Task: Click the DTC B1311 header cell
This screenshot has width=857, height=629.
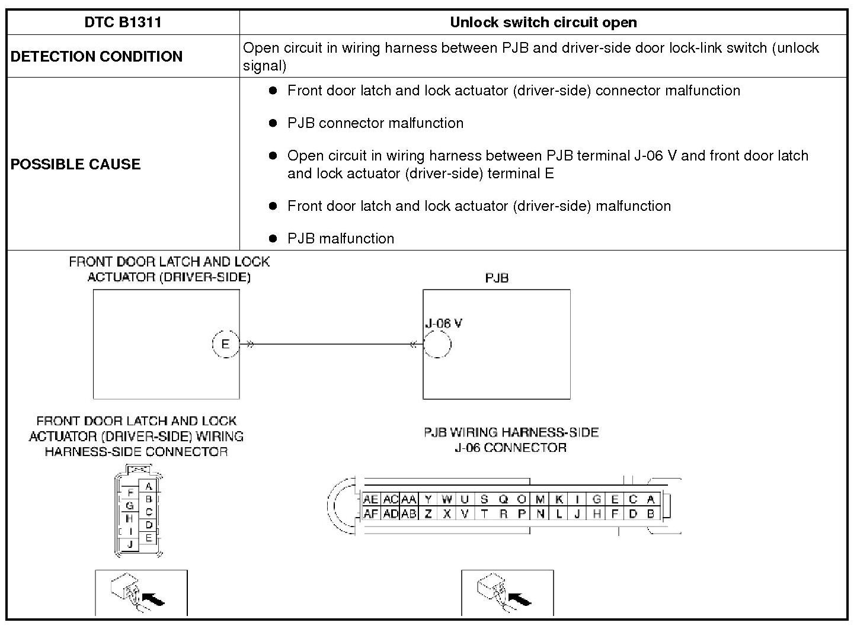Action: [123, 23]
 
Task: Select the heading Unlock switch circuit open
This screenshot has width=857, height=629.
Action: [543, 23]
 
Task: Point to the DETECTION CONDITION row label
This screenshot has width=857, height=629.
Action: [97, 56]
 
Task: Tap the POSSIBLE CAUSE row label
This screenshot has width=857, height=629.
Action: [75, 164]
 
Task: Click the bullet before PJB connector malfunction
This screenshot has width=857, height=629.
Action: [273, 123]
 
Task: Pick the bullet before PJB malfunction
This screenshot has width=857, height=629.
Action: [273, 238]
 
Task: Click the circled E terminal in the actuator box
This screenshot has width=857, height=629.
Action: [225, 344]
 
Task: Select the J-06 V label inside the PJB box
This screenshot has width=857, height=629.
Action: [443, 323]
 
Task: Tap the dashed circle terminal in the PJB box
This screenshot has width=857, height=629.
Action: [437, 344]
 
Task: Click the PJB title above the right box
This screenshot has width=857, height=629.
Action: [497, 278]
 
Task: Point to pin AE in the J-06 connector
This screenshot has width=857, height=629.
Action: [371, 500]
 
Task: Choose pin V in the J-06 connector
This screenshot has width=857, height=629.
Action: [465, 514]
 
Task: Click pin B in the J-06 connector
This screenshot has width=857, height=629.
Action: [650, 514]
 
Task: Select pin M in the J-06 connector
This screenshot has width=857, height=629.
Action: [540, 500]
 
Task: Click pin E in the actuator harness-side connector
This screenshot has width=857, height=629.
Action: [149, 538]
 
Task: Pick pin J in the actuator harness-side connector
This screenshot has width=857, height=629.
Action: [130, 544]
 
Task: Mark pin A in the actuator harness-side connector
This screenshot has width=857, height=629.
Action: [149, 486]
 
